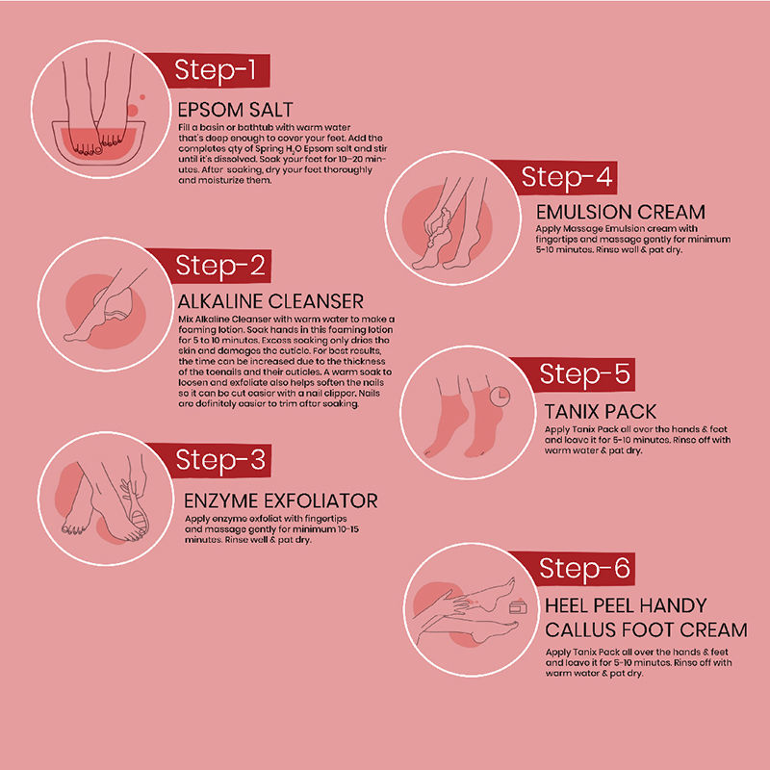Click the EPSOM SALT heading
[x=235, y=110]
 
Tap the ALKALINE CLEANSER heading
[x=270, y=301]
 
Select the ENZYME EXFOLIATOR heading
[x=281, y=500]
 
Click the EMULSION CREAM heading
[x=621, y=212]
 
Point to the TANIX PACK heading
[x=600, y=412]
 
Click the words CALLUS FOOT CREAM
[x=646, y=629]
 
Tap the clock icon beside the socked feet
[x=500, y=397]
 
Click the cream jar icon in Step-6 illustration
[x=518, y=607]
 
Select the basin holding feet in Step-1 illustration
[x=99, y=142]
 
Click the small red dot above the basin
[x=142, y=97]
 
